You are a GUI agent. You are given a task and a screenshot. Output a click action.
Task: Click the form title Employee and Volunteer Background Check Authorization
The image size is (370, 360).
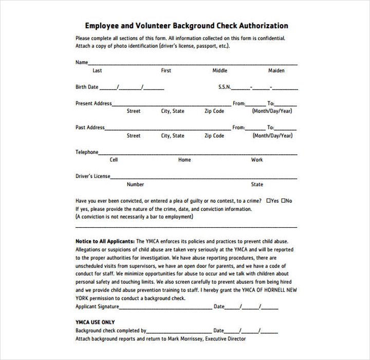(186, 26)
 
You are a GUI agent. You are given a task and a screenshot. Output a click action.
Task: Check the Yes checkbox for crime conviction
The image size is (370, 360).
(269, 201)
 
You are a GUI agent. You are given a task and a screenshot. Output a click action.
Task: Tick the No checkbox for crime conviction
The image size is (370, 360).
(283, 201)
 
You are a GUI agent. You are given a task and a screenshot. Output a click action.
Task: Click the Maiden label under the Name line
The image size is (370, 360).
(276, 70)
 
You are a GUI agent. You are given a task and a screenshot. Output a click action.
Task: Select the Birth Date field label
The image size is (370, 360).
(87, 87)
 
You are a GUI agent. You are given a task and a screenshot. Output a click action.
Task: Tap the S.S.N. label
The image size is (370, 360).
(225, 87)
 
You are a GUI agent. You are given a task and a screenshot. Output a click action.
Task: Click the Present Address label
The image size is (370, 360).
(94, 103)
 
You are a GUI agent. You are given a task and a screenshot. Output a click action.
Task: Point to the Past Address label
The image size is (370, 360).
(90, 128)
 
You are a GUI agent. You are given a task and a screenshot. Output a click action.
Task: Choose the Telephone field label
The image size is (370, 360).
(87, 152)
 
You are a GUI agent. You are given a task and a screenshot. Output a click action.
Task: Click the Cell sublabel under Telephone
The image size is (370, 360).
(114, 160)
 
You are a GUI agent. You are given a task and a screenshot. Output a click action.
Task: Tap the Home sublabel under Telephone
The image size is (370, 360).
(184, 160)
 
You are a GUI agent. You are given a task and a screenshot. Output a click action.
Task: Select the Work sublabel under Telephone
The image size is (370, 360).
(257, 160)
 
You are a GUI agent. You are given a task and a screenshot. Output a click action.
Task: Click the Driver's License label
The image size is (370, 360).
(93, 176)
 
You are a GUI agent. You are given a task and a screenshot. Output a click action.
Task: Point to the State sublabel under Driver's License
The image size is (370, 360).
(257, 185)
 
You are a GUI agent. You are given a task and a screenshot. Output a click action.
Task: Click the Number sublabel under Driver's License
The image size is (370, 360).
(135, 185)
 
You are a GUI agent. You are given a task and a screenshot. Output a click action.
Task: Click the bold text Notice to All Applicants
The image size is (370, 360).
(105, 241)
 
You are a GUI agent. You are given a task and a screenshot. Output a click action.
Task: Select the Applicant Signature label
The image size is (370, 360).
(97, 307)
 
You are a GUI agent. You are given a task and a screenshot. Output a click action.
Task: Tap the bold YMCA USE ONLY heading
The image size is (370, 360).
(95, 322)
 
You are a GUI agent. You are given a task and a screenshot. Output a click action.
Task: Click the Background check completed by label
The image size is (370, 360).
(111, 331)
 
